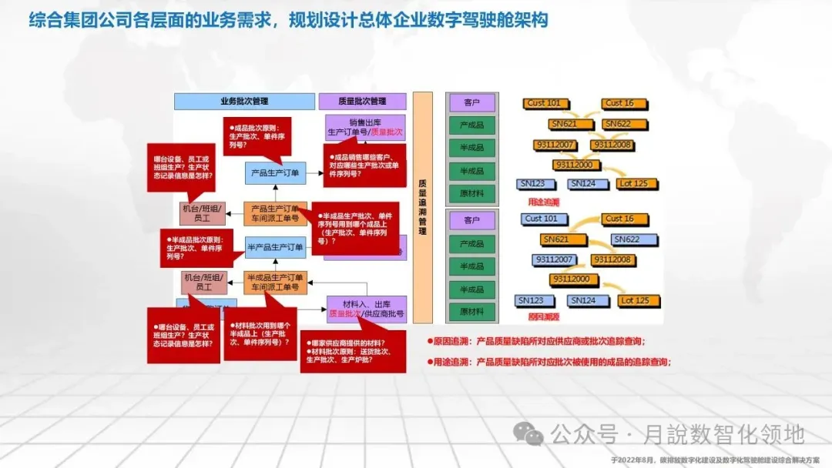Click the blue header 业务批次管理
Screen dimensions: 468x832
243,101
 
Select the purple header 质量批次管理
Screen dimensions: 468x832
362,101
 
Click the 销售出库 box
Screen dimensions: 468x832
365,127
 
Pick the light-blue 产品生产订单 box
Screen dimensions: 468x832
275,173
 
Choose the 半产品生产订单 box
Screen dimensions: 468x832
275,247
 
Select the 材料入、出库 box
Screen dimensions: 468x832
366,309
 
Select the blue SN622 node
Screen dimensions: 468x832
626,239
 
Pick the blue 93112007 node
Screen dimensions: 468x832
553,260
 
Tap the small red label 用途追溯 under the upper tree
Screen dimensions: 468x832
543,201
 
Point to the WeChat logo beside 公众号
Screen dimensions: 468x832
529,434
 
